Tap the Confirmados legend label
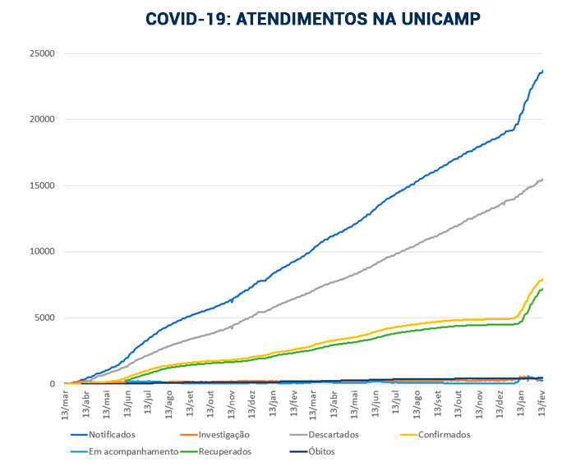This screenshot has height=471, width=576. click(442, 434)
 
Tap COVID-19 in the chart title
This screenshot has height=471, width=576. click(186, 19)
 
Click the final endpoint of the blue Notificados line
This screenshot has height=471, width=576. click(542, 70)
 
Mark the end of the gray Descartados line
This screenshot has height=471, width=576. click(542, 179)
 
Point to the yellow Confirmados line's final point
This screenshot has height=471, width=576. click(542, 279)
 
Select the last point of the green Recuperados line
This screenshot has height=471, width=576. click(542, 288)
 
